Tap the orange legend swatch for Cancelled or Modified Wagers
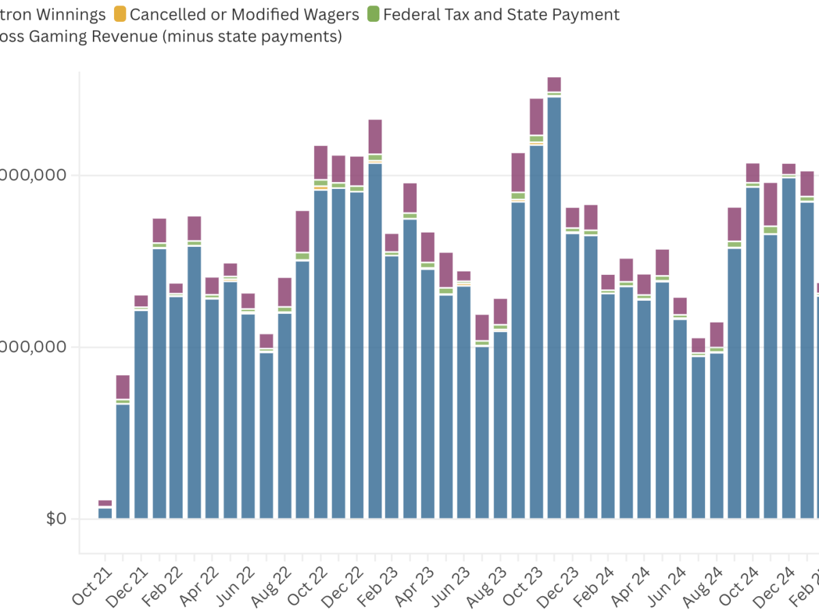point(119,14)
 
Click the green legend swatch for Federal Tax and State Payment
point(373,14)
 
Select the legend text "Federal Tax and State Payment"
point(502,14)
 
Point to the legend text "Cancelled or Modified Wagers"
point(244,14)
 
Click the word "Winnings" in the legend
point(72,14)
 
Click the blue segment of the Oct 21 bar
point(105,513)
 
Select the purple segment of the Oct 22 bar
point(321,162)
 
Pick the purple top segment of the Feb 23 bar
point(375,136)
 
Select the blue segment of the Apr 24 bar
point(627,403)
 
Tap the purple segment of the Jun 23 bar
point(446,269)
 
